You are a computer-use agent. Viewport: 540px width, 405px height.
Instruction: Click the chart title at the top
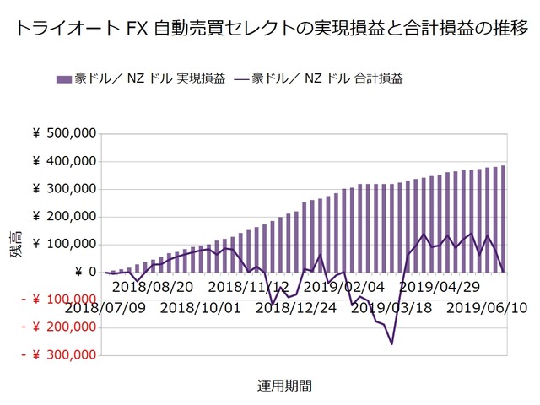pyautogui.click(x=270, y=28)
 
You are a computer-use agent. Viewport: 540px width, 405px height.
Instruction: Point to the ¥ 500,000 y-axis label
pyautogui.click(x=64, y=133)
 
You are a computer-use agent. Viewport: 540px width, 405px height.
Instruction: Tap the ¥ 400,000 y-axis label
pyautogui.click(x=64, y=161)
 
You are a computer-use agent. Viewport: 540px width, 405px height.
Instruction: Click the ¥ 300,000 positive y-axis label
pyautogui.click(x=64, y=189)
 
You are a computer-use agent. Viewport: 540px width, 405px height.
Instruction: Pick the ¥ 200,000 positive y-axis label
pyautogui.click(x=64, y=217)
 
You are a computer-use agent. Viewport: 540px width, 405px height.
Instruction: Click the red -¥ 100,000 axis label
pyautogui.click(x=57, y=300)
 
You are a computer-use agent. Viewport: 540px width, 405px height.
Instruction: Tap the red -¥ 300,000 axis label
pyautogui.click(x=57, y=355)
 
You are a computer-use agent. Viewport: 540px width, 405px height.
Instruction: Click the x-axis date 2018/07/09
pyautogui.click(x=100, y=307)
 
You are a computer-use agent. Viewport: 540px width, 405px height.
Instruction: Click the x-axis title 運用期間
pyautogui.click(x=284, y=386)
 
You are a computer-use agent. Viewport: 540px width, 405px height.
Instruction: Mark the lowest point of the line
pyautogui.click(x=391, y=343)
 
